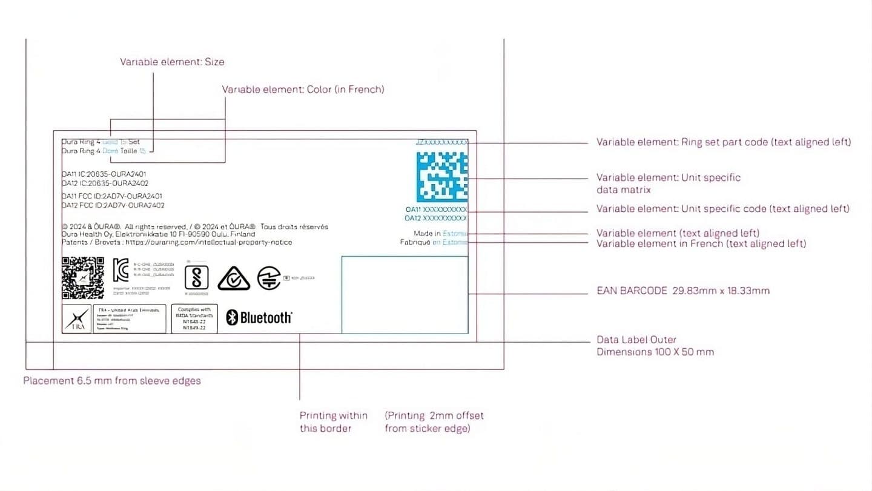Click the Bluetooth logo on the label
pyautogui.click(x=259, y=317)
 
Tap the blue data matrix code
pyautogui.click(x=442, y=177)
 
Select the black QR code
pyautogui.click(x=83, y=278)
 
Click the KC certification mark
pyautogui.click(x=121, y=270)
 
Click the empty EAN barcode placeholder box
pyautogui.click(x=405, y=295)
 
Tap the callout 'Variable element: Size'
pyautogui.click(x=172, y=62)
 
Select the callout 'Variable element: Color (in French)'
pyautogui.click(x=303, y=90)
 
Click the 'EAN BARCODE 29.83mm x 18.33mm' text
pyautogui.click(x=682, y=291)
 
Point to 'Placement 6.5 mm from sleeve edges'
pyautogui.click(x=112, y=381)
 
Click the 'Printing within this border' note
pyautogui.click(x=333, y=422)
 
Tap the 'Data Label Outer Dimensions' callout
pyautogui.click(x=655, y=346)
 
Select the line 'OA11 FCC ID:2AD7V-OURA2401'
pyautogui.click(x=112, y=196)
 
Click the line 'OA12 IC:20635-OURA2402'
pyautogui.click(x=105, y=183)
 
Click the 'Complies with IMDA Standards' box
pyautogui.click(x=194, y=318)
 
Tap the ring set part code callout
pyautogui.click(x=723, y=142)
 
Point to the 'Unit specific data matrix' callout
pyautogui.click(x=668, y=183)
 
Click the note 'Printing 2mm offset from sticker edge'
pyautogui.click(x=434, y=422)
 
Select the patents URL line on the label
pyautogui.click(x=177, y=242)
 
